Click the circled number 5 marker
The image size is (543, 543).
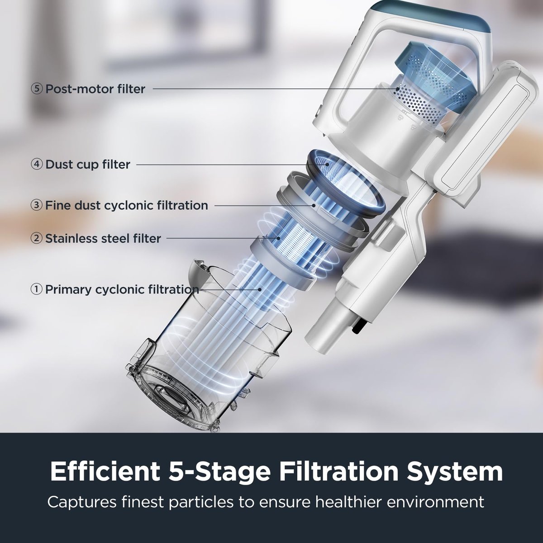pos(37,89)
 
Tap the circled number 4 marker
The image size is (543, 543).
pos(37,164)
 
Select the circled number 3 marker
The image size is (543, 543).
pos(37,205)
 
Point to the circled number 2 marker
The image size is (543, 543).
pos(37,238)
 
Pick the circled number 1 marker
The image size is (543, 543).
pos(37,289)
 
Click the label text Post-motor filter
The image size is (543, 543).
pos(95,89)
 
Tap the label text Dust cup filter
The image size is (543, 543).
pos(88,164)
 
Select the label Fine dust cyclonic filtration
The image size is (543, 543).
pos(126,205)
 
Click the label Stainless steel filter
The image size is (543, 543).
pos(103,238)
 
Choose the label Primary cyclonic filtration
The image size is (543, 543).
pos(122,289)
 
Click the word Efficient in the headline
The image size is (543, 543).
pos(100,472)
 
